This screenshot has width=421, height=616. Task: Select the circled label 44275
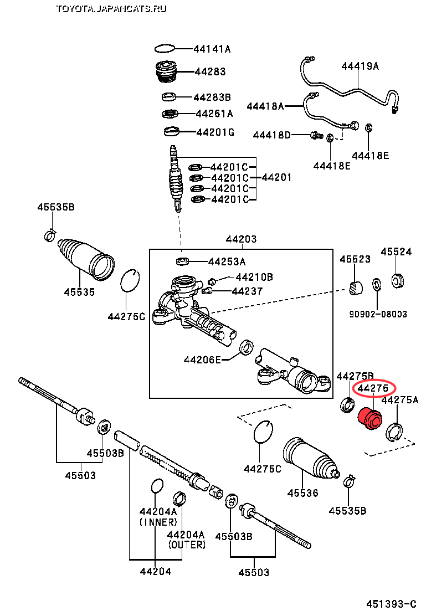pos(373,388)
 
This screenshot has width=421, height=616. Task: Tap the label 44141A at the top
pos(212,49)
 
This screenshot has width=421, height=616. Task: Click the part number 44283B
pos(212,97)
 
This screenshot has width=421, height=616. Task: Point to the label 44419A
pos(360,66)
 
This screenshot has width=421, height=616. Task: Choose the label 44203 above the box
pos(241,239)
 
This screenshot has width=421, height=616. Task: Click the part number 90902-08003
pos(378,314)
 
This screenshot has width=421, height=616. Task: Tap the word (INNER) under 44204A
pos(158,522)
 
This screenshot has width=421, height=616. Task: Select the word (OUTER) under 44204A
pos(186,545)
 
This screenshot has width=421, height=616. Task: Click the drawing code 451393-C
pos(391,603)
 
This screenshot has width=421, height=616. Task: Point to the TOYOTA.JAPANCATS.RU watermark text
pos(111,8)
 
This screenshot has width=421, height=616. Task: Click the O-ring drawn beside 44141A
pos(166,49)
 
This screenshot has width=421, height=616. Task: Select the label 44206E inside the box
pos(203,360)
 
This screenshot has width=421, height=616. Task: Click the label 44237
pos(247,291)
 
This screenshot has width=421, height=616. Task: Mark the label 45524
pos(396,251)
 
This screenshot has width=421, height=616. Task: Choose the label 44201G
pos(215,132)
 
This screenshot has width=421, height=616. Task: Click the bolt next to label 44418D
pos(316,135)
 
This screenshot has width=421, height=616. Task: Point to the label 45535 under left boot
pos(79,292)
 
